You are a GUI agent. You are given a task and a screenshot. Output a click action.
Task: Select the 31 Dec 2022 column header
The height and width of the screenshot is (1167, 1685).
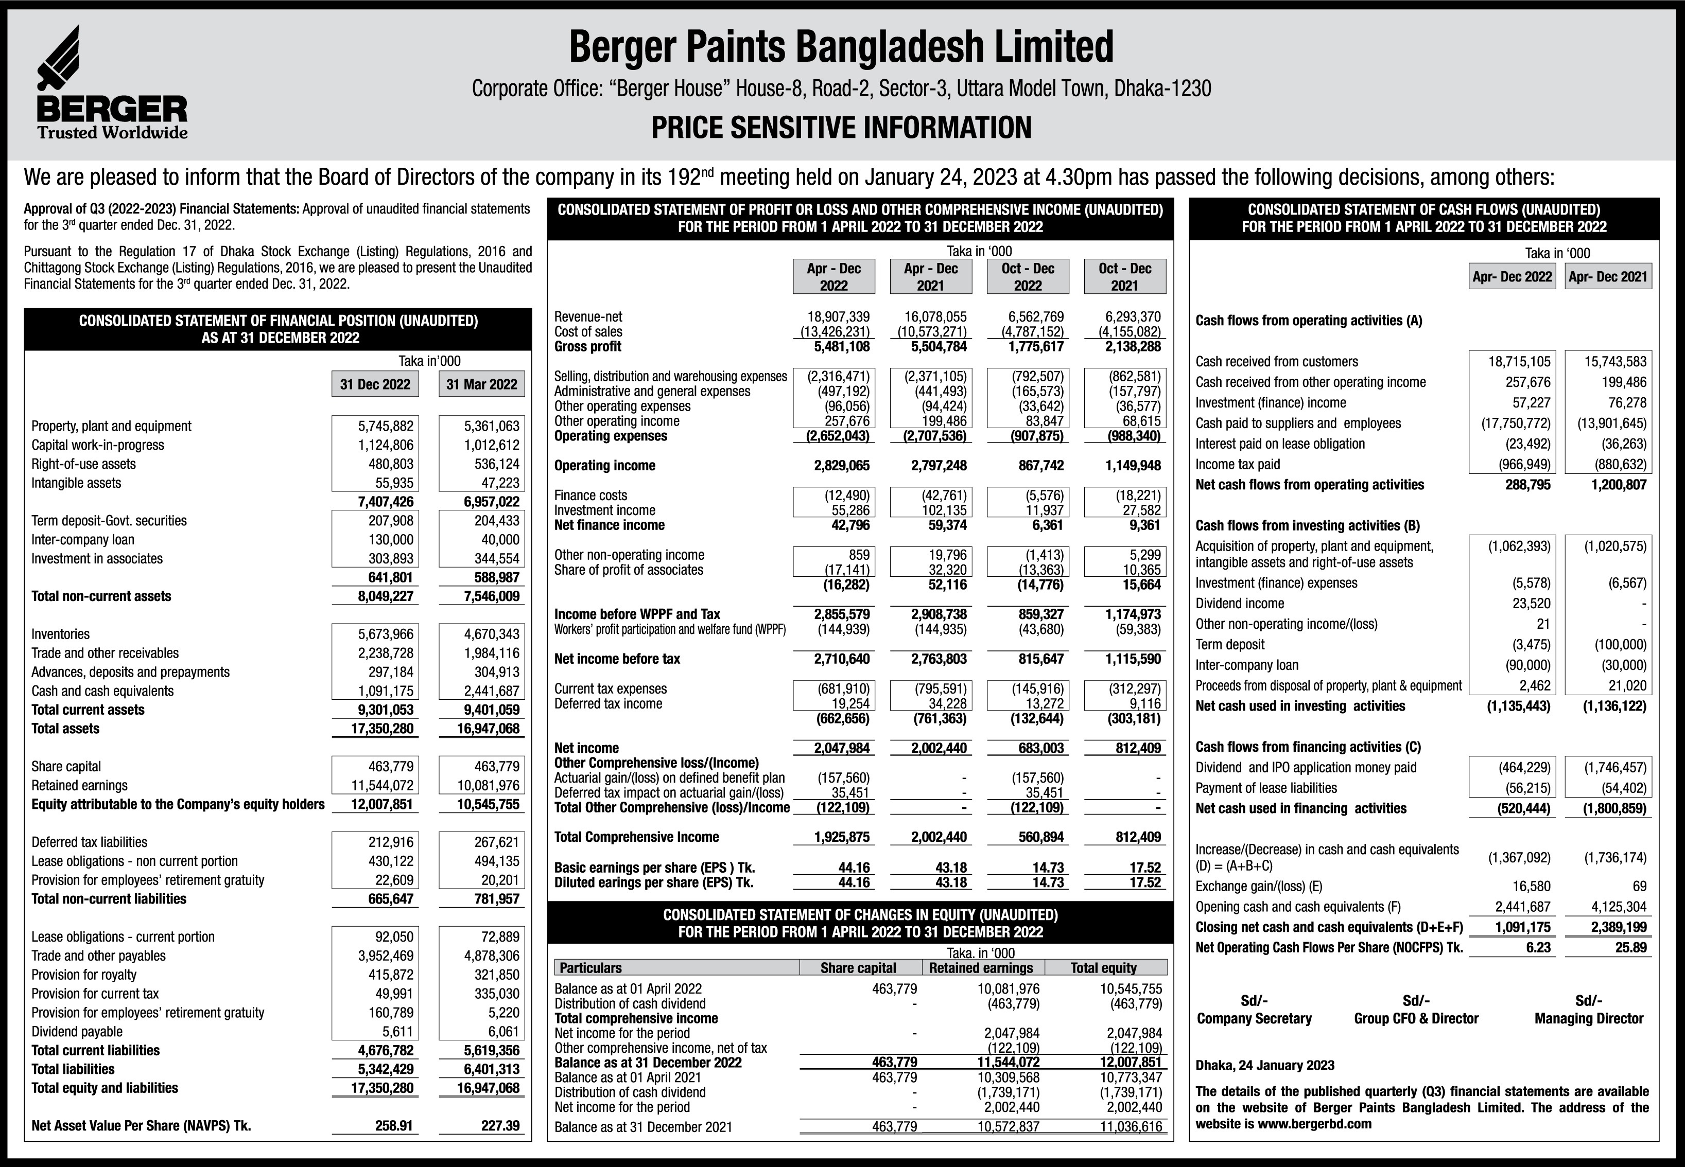[x=375, y=384]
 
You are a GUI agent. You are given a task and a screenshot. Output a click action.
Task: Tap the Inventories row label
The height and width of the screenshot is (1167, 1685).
[x=61, y=634]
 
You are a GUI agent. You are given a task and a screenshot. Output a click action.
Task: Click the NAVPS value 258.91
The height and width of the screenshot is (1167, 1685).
[x=394, y=1125]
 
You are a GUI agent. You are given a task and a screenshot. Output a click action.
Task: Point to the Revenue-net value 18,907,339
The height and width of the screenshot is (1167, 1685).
[x=838, y=316]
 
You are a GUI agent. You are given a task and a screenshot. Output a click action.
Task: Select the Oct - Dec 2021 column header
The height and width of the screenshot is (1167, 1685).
[x=1124, y=276]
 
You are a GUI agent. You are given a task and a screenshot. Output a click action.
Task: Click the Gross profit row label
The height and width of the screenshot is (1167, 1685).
[x=587, y=347]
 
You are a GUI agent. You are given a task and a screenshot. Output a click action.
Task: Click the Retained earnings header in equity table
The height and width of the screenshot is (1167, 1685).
[x=981, y=967]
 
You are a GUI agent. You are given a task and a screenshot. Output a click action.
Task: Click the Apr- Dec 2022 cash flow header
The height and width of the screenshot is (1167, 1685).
[x=1512, y=276]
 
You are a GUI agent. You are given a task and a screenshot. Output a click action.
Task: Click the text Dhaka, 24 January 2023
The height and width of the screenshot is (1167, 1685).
[x=1264, y=1065]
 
